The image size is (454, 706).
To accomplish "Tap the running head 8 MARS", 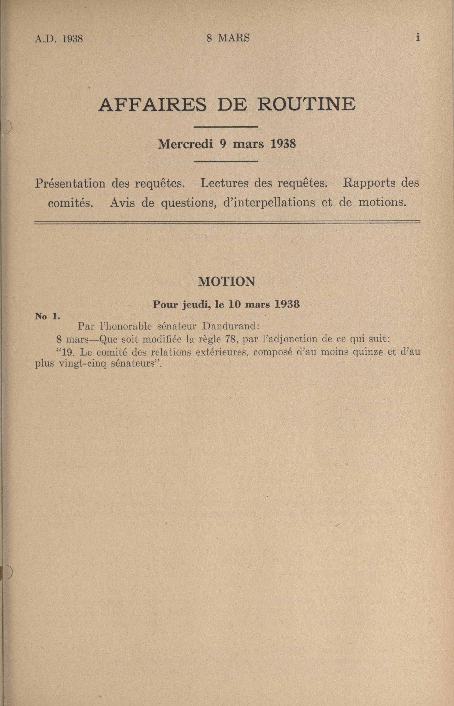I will pos(228,38).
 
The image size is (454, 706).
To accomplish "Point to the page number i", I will pos(417,37).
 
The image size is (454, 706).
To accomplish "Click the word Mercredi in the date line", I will pos(185,144).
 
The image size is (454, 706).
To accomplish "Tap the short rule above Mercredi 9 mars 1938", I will pos(226,127).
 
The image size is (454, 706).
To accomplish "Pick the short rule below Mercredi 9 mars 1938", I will pos(226,161).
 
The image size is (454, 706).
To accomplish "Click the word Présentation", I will pos(70,184).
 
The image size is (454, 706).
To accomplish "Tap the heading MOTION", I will pos(226,282).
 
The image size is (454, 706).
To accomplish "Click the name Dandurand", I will pos(230,326).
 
